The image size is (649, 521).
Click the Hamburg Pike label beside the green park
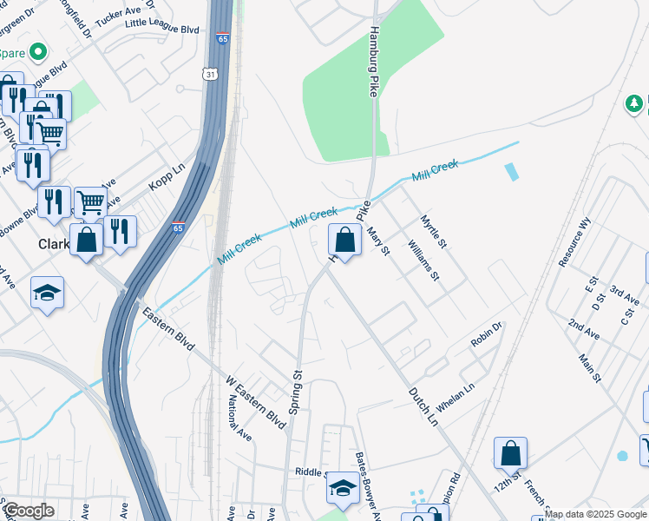374,61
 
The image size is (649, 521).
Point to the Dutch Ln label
423,406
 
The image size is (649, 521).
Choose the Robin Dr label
487,337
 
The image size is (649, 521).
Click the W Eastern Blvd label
256,402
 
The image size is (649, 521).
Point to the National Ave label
239,419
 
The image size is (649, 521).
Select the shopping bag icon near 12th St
510,453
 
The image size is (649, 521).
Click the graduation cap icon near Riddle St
343,488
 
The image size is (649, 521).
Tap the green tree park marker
635,104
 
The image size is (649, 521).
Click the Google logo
28,511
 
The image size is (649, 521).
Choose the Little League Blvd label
162,29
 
